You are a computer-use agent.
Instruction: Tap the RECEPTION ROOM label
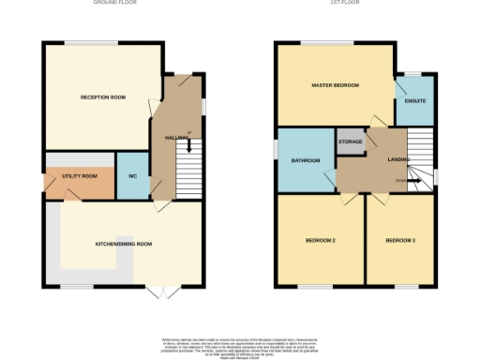pos(102,97)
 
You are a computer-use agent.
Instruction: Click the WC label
pos(133,175)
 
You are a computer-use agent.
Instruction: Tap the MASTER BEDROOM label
pos(336,85)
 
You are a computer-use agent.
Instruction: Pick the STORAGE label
pos(350,142)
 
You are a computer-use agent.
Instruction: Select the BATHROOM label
pos(306,161)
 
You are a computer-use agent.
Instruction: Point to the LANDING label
pos(399,160)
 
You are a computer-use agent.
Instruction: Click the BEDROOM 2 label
pos(321,241)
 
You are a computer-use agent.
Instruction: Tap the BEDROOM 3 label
pos(400,241)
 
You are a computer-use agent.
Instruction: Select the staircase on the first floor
pos(420,150)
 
